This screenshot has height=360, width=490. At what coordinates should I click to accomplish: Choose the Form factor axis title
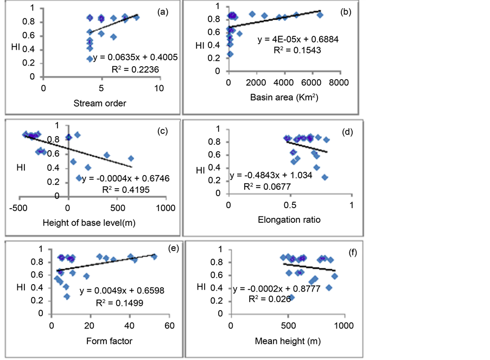pos(109,341)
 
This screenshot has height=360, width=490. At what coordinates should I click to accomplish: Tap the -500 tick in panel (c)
pos(18,208)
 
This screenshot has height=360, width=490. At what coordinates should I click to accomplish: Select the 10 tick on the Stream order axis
pos(159,87)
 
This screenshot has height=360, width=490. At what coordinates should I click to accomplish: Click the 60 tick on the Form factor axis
pos(169,326)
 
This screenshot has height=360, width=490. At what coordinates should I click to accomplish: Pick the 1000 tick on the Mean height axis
pos(343,326)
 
